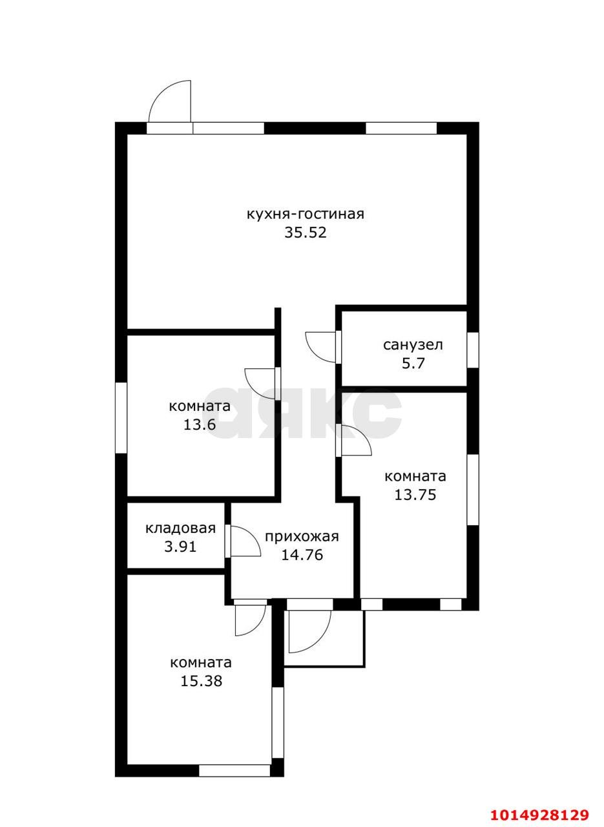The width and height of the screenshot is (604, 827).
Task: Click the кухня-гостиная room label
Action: coord(305,214)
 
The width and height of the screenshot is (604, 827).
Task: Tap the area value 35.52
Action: coord(306,233)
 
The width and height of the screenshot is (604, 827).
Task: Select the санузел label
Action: coord(413,345)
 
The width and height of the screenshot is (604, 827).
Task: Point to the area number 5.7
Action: coord(413,363)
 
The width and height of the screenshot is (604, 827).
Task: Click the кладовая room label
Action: coord(180,529)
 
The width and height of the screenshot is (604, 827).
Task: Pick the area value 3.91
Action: coord(180,547)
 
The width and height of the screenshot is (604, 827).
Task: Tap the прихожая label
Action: coord(302,536)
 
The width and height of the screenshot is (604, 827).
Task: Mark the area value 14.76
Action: coord(302,554)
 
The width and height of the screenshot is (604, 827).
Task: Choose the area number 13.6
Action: coord(199,424)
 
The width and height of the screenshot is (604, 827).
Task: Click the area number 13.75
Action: coord(415,495)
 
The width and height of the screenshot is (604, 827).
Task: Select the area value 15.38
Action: coord(201,680)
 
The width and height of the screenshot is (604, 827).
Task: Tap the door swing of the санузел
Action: coord(321,346)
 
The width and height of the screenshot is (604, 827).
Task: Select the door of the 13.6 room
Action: coord(261,384)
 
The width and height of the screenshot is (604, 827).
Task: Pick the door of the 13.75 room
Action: coord(355,441)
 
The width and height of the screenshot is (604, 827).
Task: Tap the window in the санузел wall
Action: coord(473,350)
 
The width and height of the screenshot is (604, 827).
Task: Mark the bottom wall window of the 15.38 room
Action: coord(234,770)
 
